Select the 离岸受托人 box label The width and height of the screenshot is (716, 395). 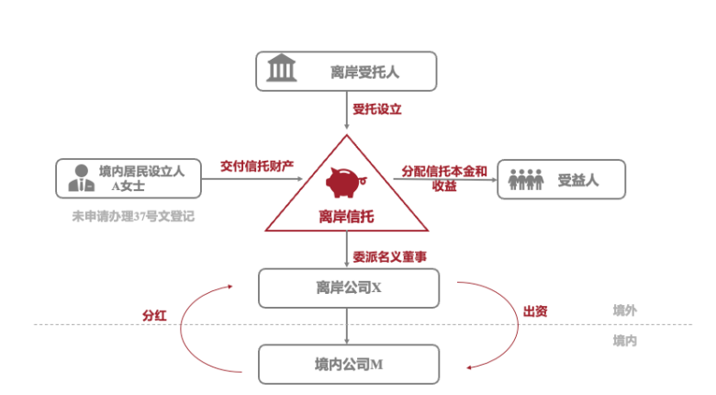click(365, 71)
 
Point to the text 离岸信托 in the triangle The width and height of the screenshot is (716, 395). click(346, 217)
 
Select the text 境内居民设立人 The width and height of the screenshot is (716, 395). click(141, 171)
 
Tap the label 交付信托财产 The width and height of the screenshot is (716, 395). click(257, 166)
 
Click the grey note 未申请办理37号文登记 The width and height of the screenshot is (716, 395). click(133, 217)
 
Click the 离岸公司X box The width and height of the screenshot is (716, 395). click(349, 288)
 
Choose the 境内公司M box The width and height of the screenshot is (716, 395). click(349, 364)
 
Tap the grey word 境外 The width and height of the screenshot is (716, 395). click(625, 310)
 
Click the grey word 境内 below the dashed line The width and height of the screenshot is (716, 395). click(625, 341)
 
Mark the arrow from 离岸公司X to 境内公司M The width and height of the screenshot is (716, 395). click(349, 326)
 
